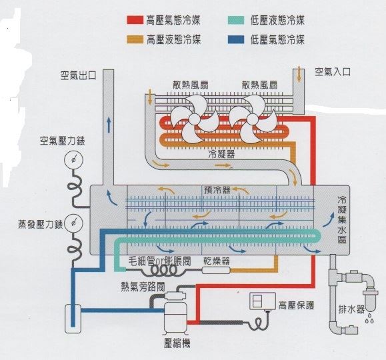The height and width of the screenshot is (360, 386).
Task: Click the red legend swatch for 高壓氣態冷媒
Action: click(135, 20)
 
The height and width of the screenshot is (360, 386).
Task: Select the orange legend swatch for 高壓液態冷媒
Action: click(135, 39)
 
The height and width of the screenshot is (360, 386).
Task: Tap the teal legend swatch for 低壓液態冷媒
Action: click(236, 20)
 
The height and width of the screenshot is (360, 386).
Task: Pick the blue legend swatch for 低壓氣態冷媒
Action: click(236, 39)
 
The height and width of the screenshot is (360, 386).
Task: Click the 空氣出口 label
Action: click(79, 75)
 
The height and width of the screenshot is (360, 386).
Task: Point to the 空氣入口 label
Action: click(333, 72)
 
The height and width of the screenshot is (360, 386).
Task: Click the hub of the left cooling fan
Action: click(195, 119)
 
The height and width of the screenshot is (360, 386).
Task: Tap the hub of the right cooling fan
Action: click(252, 119)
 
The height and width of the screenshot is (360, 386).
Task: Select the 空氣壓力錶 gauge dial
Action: click(73, 160)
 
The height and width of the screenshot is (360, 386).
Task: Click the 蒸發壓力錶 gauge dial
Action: click(73, 223)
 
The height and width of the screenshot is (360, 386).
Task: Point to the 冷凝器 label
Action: click(221, 155)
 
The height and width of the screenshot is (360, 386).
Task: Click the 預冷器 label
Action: click(217, 190)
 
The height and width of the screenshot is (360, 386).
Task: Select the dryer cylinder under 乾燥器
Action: click(216, 270)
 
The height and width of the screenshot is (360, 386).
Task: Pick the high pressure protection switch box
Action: click(263, 301)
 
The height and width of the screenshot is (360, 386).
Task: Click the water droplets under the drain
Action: click(369, 318)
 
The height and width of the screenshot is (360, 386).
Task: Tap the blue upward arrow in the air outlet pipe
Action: click(109, 125)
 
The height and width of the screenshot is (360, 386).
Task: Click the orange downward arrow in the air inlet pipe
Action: click(299, 74)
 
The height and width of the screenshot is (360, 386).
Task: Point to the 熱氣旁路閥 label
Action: click(143, 287)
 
